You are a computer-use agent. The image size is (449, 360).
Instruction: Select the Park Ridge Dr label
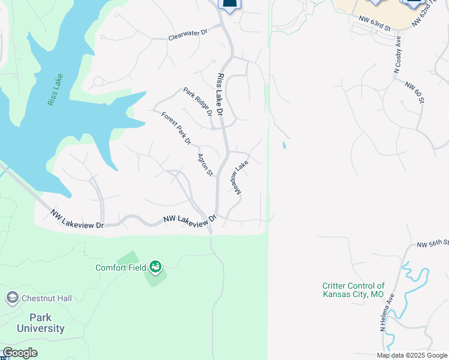coord(197,102)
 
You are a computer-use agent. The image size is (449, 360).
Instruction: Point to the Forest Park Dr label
coord(176,128)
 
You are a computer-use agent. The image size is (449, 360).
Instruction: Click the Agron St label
coord(205,164)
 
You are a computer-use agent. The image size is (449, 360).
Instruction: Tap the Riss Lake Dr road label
coord(220,95)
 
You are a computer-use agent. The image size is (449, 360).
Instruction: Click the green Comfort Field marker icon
coord(155,266)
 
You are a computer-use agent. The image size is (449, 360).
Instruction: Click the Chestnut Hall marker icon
coord(12,298)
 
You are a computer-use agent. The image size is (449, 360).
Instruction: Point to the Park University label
coord(41,323)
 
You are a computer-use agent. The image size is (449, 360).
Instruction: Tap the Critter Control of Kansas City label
coord(353,290)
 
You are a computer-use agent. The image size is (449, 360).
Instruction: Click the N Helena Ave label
coord(386,313)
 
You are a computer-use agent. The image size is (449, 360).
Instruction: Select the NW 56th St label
coord(433,243)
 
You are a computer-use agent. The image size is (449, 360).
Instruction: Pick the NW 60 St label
coord(415,92)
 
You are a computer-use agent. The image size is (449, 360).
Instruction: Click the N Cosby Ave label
coord(397,55)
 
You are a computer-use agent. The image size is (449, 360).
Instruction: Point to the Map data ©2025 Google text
coord(412,355)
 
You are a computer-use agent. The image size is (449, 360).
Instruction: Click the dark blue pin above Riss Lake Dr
coord(229,5)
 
